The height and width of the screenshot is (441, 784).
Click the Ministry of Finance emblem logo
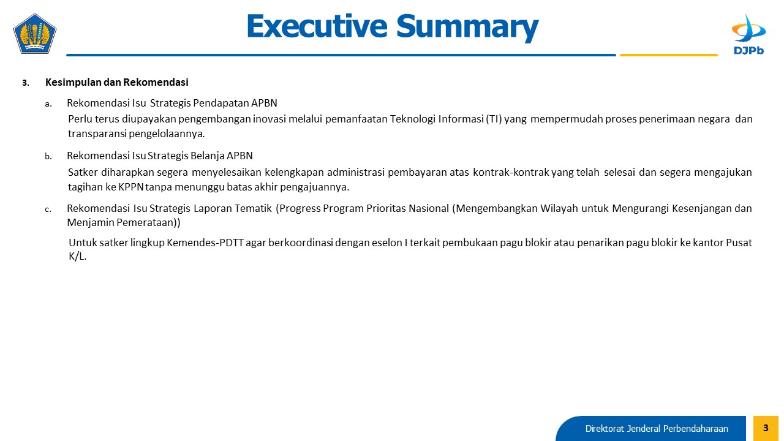(35, 34)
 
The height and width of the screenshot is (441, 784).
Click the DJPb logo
(748, 34)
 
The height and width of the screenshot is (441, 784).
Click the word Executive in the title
(317, 26)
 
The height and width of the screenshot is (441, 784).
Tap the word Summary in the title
(467, 28)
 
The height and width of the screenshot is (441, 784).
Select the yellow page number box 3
(766, 428)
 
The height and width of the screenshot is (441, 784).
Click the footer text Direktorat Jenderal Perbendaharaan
(657, 428)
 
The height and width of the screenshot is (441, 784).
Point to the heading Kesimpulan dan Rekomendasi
(117, 82)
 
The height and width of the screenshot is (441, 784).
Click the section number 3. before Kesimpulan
(26, 83)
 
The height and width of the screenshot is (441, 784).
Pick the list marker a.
(48, 104)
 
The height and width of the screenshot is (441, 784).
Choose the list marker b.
(48, 156)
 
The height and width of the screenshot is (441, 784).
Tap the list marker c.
(48, 209)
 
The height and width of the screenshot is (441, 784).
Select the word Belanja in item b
(208, 156)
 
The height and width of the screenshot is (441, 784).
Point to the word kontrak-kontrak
(511, 172)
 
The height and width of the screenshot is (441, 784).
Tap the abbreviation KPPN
(131, 187)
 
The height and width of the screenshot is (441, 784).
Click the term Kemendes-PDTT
(205, 243)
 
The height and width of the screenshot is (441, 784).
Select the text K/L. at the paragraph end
(77, 257)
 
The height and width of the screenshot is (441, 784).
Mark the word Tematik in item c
(253, 208)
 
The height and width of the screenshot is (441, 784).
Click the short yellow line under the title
(669, 55)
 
